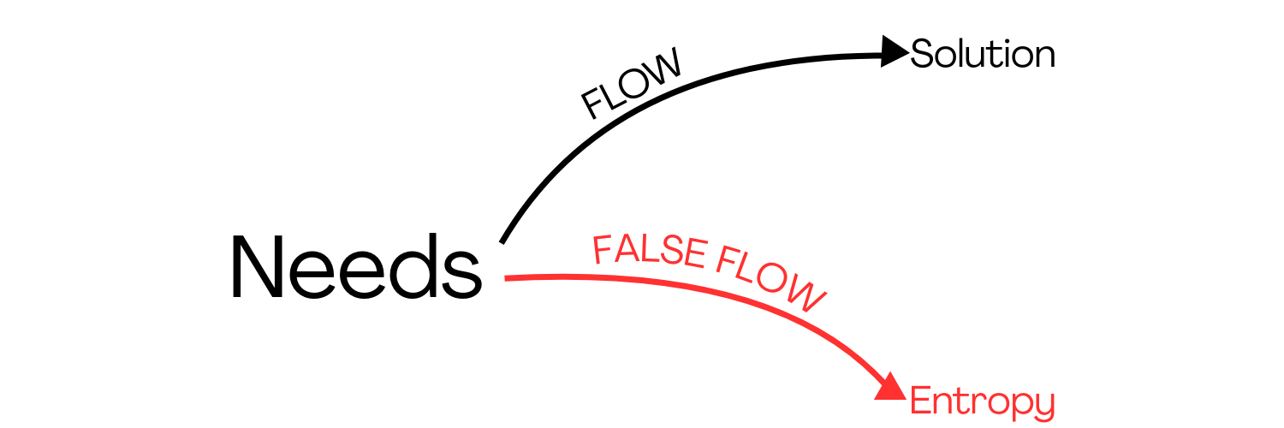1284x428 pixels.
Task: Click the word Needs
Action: pos(355,267)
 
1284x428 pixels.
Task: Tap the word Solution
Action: pos(983,55)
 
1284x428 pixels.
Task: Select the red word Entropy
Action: pos(982,401)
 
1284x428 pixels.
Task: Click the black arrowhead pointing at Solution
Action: pos(894,53)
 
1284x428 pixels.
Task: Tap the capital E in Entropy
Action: pos(920,401)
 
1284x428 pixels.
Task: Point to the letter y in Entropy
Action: pos(1043,405)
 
